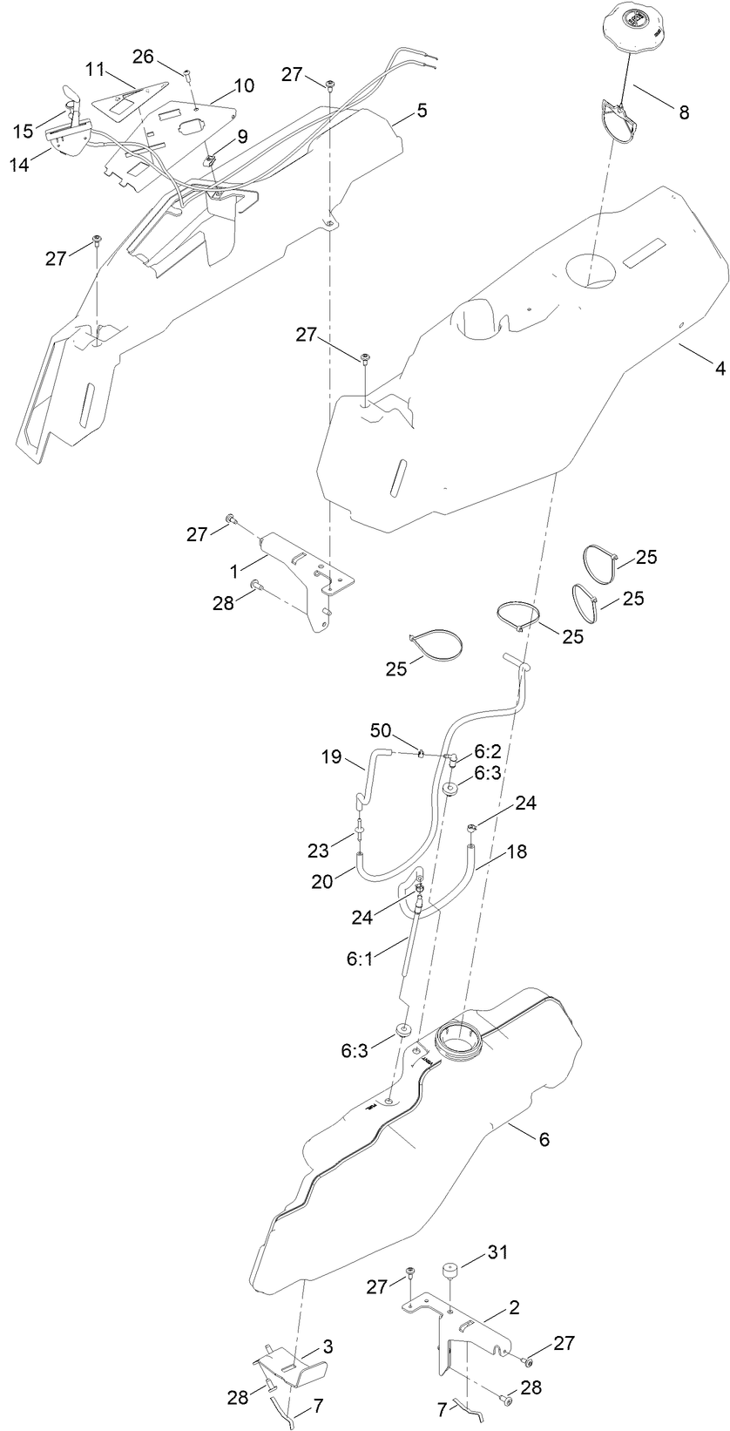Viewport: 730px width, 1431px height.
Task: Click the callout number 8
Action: [683, 112]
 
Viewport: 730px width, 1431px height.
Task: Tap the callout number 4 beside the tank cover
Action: [720, 368]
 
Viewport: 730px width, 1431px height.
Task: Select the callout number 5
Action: [422, 111]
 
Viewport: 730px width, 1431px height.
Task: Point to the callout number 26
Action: [143, 57]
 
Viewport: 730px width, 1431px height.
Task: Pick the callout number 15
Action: [24, 130]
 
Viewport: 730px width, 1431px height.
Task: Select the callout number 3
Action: [328, 1346]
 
